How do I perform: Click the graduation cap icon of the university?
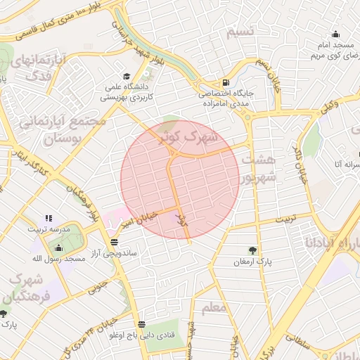[x=126, y=77]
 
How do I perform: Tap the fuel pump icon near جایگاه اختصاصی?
[x=225, y=82]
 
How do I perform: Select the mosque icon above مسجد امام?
[x=335, y=34]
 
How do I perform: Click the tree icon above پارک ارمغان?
[x=252, y=250]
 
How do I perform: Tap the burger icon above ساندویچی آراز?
[x=115, y=240]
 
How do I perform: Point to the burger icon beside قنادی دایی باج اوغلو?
[x=142, y=324]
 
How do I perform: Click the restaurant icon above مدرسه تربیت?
[x=49, y=219]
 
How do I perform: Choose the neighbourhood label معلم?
[x=212, y=308]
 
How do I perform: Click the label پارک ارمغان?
[x=252, y=262]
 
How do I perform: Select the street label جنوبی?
[x=100, y=288]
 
